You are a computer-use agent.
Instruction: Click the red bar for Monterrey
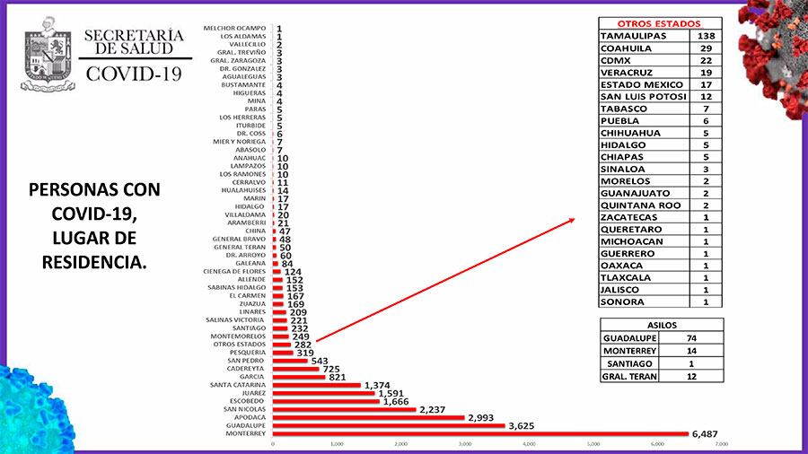(480, 434)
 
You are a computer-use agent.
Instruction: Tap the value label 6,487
(706, 434)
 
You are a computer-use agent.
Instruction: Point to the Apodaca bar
(368, 417)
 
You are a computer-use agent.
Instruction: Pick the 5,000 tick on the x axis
(593, 444)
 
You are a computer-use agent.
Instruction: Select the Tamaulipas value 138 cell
(706, 35)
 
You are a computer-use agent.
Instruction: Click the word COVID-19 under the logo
(133, 74)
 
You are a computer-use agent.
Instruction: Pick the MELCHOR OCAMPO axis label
(236, 29)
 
